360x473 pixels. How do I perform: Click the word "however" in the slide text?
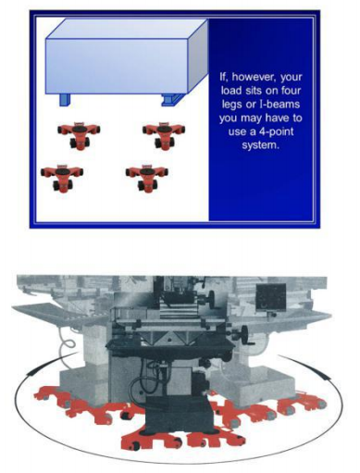[x=254, y=77]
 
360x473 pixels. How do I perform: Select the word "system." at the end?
[x=261, y=145]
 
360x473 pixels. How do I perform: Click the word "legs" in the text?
[x=231, y=105]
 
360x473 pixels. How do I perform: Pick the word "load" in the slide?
[x=231, y=91]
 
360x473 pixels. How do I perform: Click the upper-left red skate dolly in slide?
[x=79, y=134]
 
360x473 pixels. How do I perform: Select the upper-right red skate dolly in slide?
[x=164, y=134]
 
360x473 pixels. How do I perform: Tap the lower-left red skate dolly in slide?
[x=62, y=179]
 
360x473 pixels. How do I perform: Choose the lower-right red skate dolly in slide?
[x=147, y=179]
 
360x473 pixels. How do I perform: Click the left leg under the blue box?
[x=65, y=100]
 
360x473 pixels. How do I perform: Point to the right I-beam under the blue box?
[x=171, y=99]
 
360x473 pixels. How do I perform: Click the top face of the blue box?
[x=127, y=29]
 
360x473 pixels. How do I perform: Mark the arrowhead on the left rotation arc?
[x=31, y=372]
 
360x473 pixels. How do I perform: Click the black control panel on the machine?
[x=270, y=296]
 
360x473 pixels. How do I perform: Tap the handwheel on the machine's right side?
[x=244, y=335]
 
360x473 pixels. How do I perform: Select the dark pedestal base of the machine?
[x=178, y=415]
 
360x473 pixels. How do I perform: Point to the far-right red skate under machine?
[x=302, y=403]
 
